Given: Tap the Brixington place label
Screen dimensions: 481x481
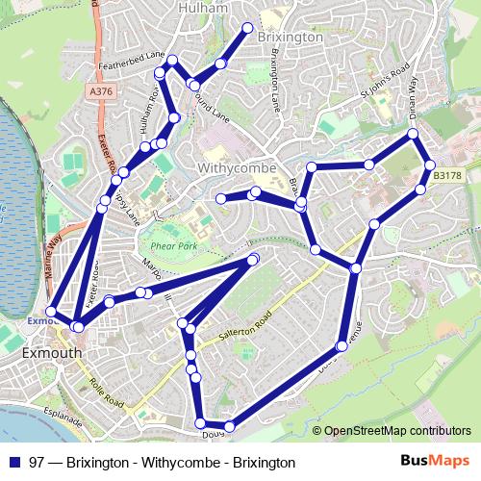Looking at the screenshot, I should coord(291,37).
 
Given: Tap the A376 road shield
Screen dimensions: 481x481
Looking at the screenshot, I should coord(100,91).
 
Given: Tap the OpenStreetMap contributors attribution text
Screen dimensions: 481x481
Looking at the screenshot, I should coord(397,431).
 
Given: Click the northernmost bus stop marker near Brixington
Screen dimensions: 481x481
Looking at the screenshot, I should coord(248,27).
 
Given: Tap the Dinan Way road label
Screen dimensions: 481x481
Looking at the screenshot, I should coord(407,96).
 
